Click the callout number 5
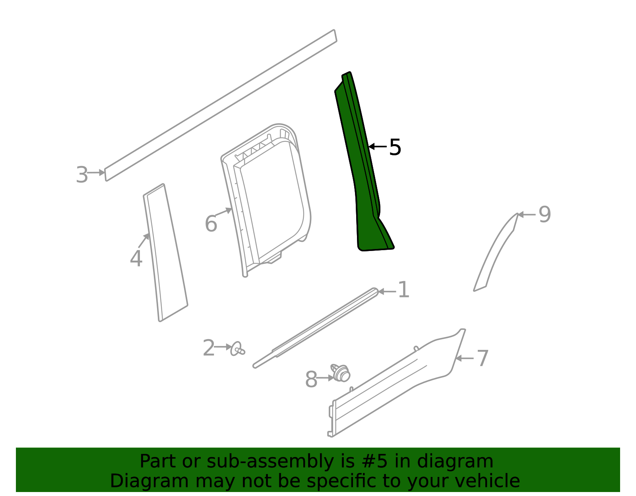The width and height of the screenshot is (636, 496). tap(395, 147)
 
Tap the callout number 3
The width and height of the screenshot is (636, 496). tap(82, 175)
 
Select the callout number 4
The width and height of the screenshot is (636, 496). tap(136, 259)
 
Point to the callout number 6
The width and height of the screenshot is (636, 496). tap(211, 224)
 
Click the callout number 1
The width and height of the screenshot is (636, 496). tap(403, 290)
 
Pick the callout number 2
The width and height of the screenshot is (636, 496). tap(209, 348)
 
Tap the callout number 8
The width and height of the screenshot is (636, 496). tap(311, 380)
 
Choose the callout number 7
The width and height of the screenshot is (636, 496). tap(482, 359)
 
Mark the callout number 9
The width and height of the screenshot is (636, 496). tap(545, 215)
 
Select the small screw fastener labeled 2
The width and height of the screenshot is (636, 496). tap(237, 349)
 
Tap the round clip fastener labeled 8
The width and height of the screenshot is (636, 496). tap(341, 373)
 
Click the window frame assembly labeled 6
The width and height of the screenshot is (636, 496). tap(266, 199)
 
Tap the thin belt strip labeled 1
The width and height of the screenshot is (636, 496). tap(318, 326)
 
